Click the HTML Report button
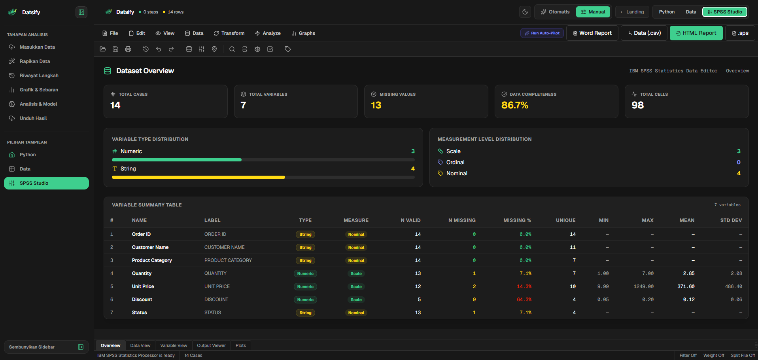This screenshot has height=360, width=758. point(696,33)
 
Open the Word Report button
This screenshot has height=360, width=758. point(592,33)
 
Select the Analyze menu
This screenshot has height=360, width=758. point(268,33)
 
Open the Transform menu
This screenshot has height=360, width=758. point(229,33)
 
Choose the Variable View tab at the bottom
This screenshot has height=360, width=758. point(174,345)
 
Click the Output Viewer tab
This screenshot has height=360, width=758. point(211,345)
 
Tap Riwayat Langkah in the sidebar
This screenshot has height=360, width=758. point(39,76)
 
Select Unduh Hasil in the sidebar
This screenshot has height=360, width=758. point(33,118)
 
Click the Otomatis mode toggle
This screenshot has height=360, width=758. point(555,12)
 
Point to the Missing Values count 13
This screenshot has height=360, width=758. point(376,105)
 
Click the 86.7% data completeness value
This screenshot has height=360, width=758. point(515,105)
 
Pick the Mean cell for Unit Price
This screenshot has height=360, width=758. point(686,286)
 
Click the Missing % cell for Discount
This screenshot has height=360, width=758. point(524,299)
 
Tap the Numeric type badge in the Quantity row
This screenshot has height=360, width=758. point(305,273)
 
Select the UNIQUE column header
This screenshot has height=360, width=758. point(565,220)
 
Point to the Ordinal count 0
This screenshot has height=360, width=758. point(738,162)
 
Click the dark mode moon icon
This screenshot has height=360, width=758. point(525,12)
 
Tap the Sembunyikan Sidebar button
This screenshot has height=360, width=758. point(46,347)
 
